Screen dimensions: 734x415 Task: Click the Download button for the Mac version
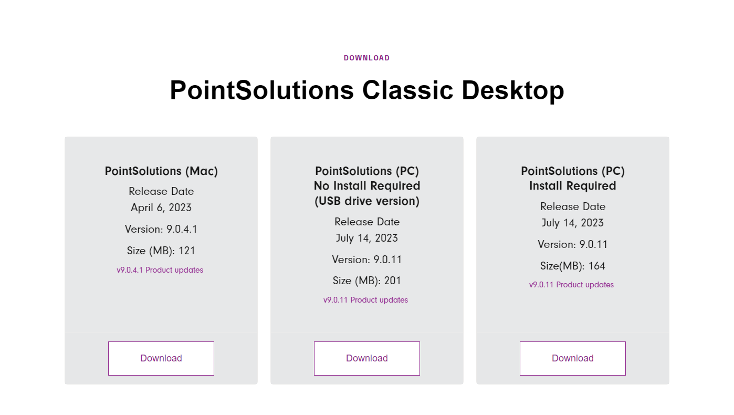(161, 358)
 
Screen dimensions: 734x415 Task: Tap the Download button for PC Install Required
(572, 358)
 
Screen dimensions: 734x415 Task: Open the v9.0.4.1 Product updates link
(160, 270)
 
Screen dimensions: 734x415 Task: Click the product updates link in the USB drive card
(366, 300)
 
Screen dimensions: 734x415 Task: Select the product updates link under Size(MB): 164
(571, 285)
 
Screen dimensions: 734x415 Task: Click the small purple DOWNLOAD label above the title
(366, 58)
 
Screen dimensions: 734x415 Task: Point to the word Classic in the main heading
(407, 90)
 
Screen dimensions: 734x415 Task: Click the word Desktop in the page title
(513, 91)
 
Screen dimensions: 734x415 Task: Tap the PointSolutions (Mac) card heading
(161, 171)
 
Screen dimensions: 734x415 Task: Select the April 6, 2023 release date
(161, 208)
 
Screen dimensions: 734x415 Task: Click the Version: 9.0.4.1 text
(161, 229)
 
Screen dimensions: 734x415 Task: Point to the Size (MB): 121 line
(161, 251)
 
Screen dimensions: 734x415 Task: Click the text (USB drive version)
(367, 201)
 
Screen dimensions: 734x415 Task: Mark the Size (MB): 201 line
(367, 281)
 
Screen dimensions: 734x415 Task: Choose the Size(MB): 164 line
(573, 266)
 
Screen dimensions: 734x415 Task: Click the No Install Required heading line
(367, 186)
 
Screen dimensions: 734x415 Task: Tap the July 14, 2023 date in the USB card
(367, 238)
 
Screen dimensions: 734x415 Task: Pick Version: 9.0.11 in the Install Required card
(573, 245)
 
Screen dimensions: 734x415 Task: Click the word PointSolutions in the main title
(262, 90)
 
